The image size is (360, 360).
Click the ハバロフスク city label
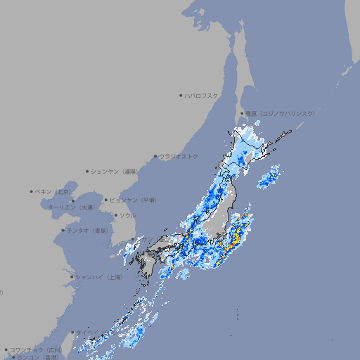coord(202,95)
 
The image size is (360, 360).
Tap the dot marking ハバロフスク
coord(181,95)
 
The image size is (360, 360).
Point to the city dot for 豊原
coord(242,113)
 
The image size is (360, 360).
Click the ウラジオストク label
coord(179,156)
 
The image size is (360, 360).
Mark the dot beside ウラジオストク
coord(155,156)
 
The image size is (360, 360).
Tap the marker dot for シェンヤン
coord(88,171)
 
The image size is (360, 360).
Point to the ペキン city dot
coord(32,191)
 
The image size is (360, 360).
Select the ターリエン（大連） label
coord(71,207)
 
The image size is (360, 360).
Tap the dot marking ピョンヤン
coord(106,200)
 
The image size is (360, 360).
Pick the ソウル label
coord(127,215)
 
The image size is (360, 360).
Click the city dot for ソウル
coord(115,215)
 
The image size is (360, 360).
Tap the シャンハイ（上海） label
coord(98,277)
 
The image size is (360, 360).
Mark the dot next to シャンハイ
coord(72,277)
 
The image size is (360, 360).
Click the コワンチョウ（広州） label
coord(36,349)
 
